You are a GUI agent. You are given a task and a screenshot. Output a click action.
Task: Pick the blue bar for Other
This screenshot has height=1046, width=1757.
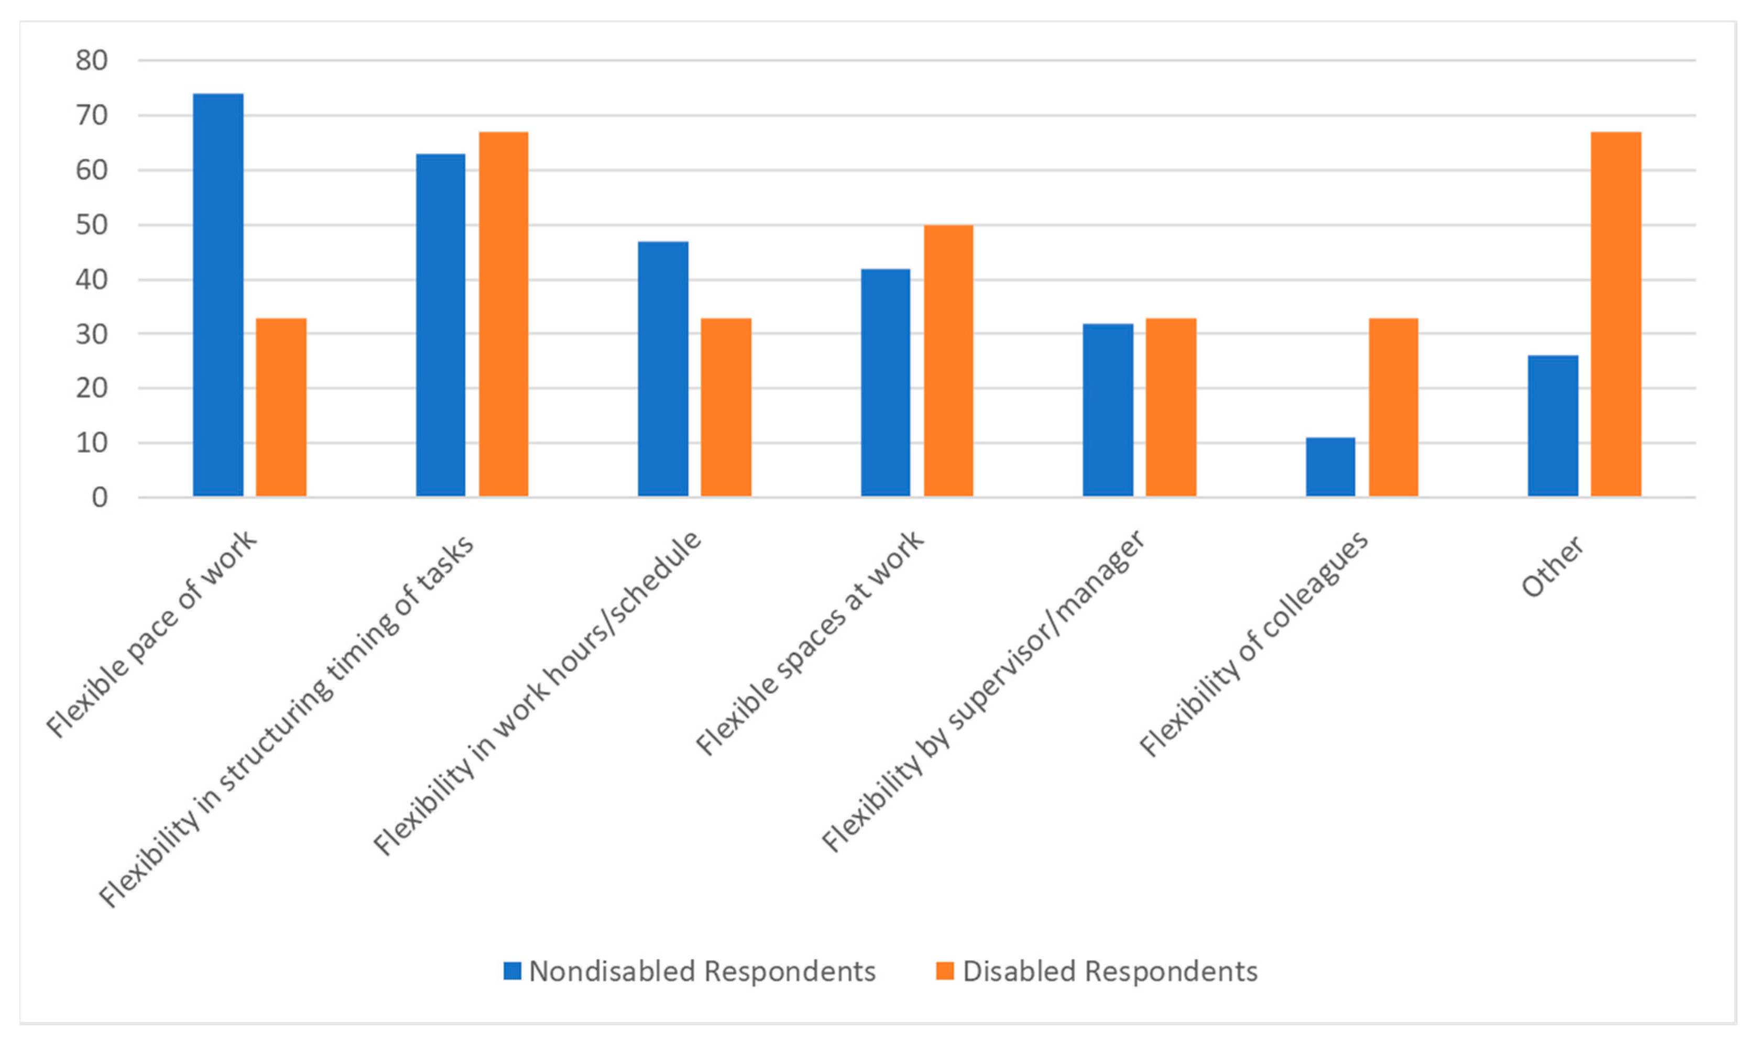[x=1553, y=426]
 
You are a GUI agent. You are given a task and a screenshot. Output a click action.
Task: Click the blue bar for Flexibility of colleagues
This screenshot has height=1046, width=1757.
[x=1330, y=467]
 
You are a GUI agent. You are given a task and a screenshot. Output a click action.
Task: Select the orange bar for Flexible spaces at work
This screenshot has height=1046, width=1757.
[x=948, y=360]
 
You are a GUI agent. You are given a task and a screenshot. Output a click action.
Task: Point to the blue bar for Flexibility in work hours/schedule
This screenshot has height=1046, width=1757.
[x=663, y=369]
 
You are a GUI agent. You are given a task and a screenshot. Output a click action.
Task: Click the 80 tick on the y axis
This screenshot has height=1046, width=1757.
[x=92, y=61]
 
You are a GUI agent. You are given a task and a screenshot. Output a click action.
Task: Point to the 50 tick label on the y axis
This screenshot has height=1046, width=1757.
[x=92, y=225]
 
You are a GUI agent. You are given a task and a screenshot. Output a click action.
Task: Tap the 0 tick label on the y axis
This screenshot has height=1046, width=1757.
[x=100, y=498]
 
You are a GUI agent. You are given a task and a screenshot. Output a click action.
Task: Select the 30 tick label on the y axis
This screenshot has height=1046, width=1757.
[x=92, y=334]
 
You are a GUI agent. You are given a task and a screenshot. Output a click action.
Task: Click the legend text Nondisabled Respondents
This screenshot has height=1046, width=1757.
[x=702, y=971]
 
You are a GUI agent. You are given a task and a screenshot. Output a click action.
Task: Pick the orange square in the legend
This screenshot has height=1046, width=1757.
[x=945, y=971]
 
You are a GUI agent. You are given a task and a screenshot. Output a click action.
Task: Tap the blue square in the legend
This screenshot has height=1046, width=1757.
[x=512, y=971]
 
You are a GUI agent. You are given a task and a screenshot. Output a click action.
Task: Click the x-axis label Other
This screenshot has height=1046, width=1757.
[x=1552, y=567]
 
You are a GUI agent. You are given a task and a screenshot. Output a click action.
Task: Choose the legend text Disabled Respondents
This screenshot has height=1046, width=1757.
[x=1110, y=971]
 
